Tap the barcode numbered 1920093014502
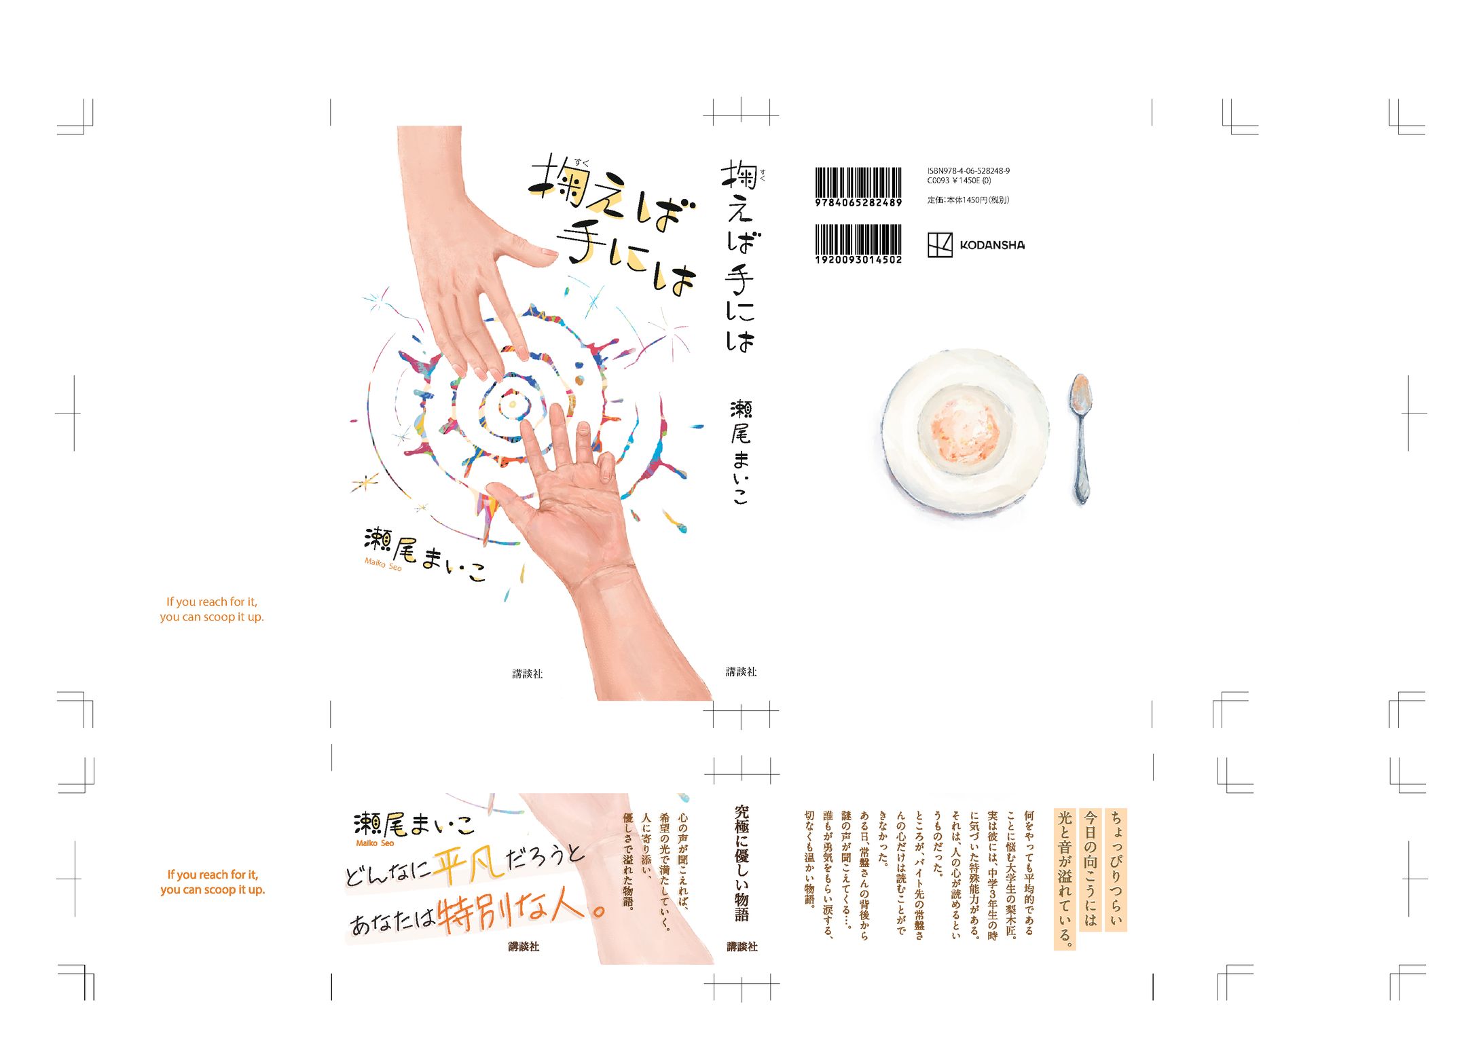pyautogui.click(x=858, y=243)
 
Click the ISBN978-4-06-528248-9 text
pyautogui.click(x=968, y=171)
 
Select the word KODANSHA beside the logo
pyautogui.click(x=992, y=245)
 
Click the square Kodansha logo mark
pyautogui.click(x=940, y=244)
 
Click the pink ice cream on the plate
pyautogui.click(x=964, y=429)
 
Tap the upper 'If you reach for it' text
pyautogui.click(x=212, y=602)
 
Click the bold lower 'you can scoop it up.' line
pyautogui.click(x=213, y=889)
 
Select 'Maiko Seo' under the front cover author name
pyautogui.click(x=383, y=564)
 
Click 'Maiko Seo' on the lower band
pyautogui.click(x=375, y=843)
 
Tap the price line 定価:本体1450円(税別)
pyautogui.click(x=968, y=200)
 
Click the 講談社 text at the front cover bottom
pyautogui.click(x=527, y=674)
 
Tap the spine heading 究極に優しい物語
pyautogui.click(x=741, y=862)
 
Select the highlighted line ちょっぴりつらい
pyautogui.click(x=1116, y=869)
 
